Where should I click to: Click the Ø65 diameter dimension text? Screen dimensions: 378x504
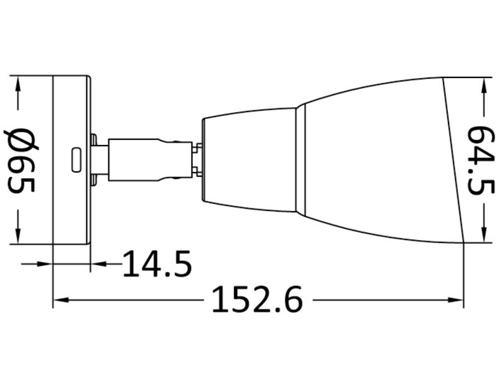coord(21,160)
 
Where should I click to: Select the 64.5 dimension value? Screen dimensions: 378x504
coord(483,161)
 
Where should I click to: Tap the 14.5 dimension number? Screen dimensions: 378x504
coord(156,264)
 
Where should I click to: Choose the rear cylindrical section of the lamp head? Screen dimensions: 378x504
coord(249,160)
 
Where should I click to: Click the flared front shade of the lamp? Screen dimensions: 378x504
coord(378,160)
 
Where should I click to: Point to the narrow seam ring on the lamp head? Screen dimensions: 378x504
coord(301,160)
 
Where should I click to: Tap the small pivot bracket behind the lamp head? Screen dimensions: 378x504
coord(197,160)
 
